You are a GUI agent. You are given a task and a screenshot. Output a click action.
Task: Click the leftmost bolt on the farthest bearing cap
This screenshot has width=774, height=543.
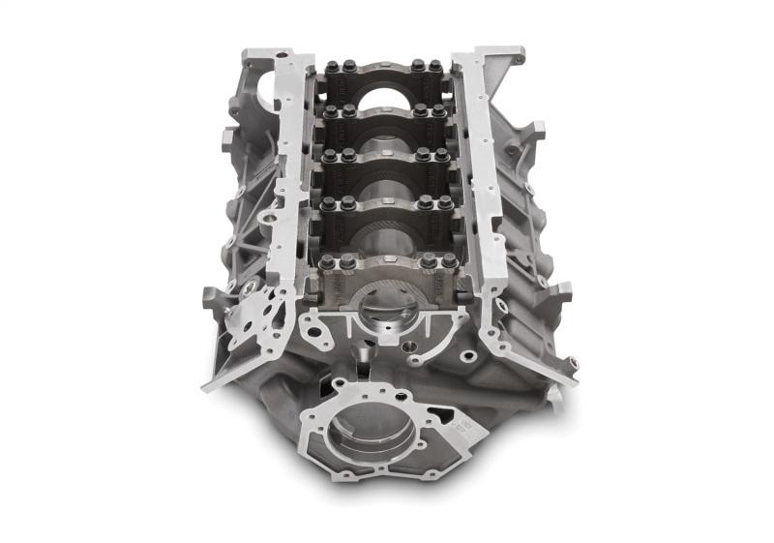(331, 68)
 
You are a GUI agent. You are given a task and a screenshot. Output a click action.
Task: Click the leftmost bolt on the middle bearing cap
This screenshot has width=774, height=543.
(329, 156)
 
